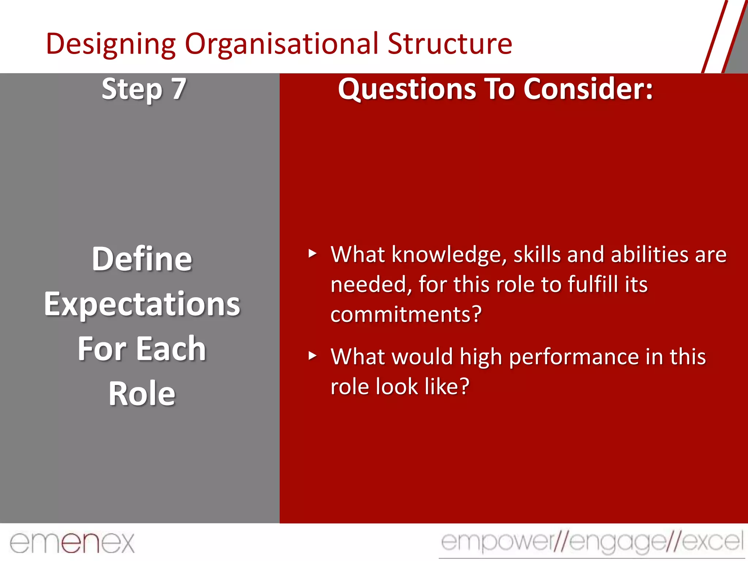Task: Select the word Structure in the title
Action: (450, 44)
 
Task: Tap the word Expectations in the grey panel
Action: (142, 304)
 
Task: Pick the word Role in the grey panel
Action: (142, 394)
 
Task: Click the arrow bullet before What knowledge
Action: (312, 253)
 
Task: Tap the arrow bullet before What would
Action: (312, 356)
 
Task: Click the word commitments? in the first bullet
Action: (406, 314)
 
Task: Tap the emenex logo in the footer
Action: (72, 543)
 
